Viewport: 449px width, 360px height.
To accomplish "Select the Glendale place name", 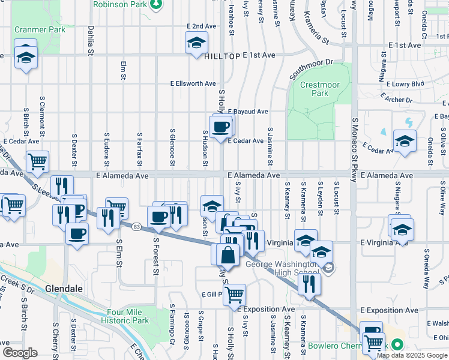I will pos(63,289).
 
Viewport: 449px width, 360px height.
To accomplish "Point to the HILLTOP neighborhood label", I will pos(221,55).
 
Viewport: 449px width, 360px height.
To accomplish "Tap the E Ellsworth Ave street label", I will pos(193,83).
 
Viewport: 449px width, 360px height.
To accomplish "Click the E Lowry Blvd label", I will pos(405,84).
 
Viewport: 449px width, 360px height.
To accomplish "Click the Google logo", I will pos(19,352).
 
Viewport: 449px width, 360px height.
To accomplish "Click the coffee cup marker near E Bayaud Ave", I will pos(220,126).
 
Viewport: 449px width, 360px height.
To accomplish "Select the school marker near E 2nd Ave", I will pos(196,43).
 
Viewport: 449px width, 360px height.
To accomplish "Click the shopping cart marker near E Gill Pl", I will pos(234,294).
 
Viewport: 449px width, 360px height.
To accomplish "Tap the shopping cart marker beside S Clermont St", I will pos(37,161).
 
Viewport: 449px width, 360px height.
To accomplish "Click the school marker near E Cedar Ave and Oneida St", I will pos(405,141).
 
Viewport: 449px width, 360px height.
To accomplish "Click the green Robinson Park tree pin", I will pos(157,4).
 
